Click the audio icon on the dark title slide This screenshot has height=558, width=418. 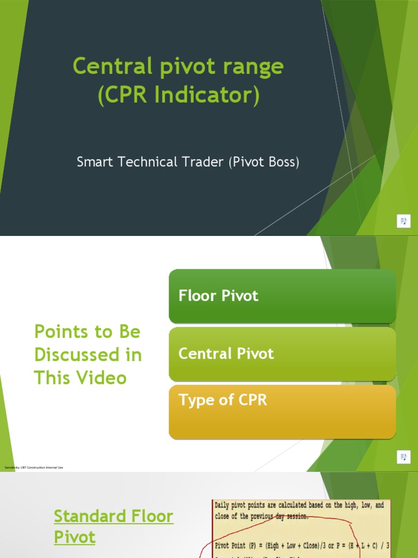click(403, 221)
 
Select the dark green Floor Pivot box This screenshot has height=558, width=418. click(282, 296)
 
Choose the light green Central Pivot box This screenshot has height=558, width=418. click(282, 354)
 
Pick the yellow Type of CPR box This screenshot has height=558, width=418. click(282, 411)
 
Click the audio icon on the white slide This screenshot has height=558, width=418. click(403, 456)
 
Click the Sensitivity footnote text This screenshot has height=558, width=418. click(34, 468)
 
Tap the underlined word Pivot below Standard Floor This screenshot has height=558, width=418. click(75, 537)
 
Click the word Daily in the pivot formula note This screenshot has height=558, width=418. click(225, 506)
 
